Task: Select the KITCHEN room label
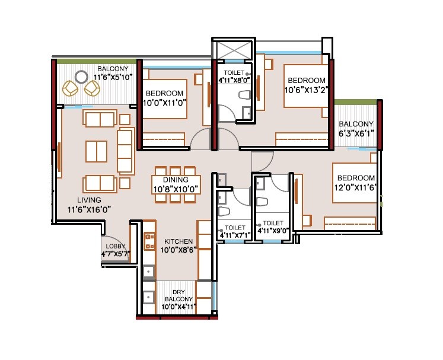pos(178,241)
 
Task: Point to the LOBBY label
pos(114,246)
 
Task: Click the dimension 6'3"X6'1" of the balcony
pos(356,134)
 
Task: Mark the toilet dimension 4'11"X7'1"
pos(235,235)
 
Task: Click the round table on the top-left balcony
pos(81,77)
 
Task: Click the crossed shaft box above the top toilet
pos(234,49)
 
